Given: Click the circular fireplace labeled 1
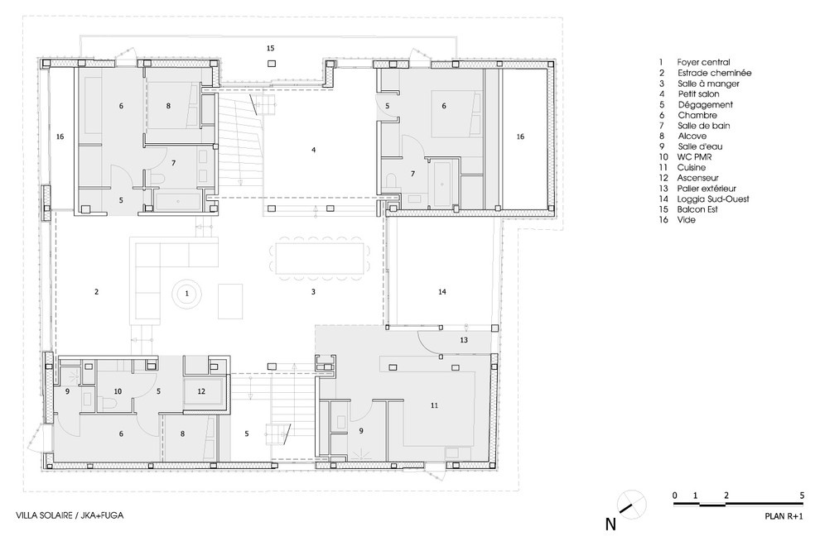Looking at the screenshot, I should coord(187,293).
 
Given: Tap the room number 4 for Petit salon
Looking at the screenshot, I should coord(313,151).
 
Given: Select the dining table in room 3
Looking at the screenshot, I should coord(319,258).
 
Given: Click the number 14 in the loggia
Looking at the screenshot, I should coord(442,293).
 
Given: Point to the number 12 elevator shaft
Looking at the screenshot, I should coord(200,390).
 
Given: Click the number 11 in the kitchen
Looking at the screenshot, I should coord(434,405).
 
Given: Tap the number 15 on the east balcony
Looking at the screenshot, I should coord(270,49).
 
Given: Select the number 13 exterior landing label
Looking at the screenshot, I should coord(464,340).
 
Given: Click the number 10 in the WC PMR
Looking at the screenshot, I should coord(118,390).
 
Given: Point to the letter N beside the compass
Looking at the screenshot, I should coord(610,523).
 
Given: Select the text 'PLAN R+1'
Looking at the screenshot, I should coord(784,515).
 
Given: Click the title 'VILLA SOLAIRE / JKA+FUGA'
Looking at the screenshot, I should coord(62,515).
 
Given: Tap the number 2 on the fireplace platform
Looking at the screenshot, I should coord(97,292).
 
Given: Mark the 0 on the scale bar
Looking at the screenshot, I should coord(675,495).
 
